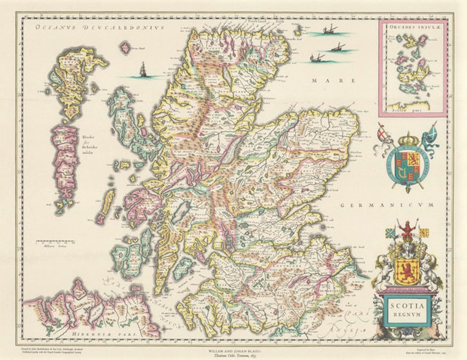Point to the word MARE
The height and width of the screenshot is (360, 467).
tap(324, 80)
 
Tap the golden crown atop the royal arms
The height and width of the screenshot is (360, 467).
tap(407, 139)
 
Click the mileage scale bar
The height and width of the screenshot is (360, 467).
tap(53, 242)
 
